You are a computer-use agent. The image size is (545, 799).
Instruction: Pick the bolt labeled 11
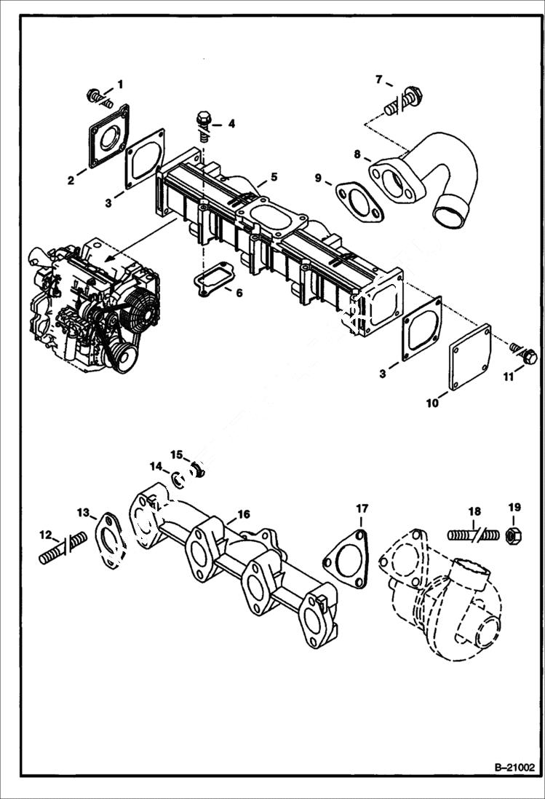tap(528, 357)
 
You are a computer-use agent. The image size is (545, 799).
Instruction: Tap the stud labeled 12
tap(62, 550)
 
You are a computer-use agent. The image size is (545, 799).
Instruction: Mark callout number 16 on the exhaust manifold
tap(243, 514)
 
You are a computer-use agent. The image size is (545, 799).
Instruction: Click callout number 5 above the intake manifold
tap(274, 176)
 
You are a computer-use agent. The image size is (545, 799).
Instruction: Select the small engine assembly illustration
tap(95, 306)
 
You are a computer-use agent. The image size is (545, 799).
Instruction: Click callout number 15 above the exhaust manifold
tap(177, 454)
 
